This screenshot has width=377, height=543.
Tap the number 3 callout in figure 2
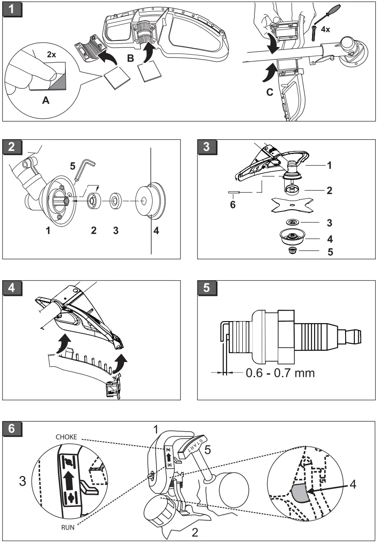115,231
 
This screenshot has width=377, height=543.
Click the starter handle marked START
194,448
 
